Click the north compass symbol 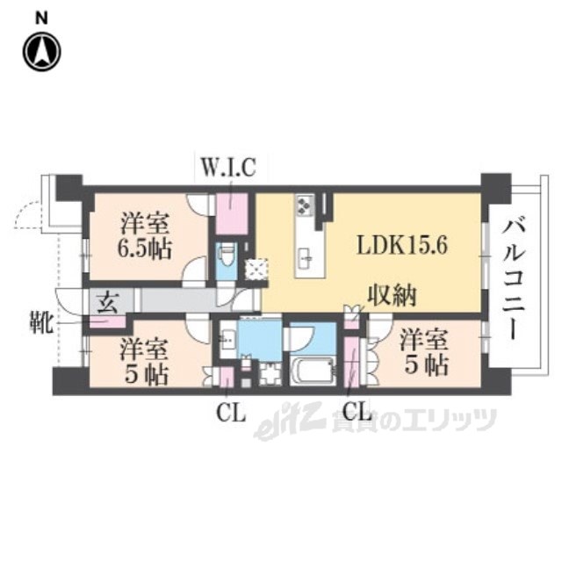pyautogui.click(x=40, y=52)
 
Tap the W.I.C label pyautogui.click(x=227, y=168)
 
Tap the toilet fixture pyautogui.click(x=226, y=257)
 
